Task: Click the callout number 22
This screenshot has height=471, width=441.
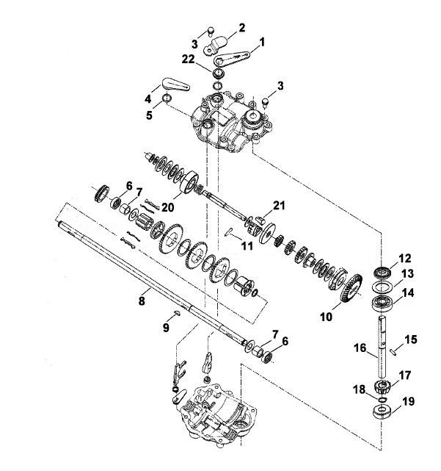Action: [x=189, y=60]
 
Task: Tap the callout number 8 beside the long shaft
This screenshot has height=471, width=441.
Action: [x=142, y=300]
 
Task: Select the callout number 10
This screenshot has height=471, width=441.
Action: [x=327, y=316]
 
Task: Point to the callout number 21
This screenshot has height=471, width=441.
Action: [x=279, y=206]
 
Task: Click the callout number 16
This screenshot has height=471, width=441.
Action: [x=360, y=348]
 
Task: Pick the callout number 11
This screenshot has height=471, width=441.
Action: [x=247, y=246]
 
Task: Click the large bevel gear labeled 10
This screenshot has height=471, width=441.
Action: [x=351, y=289]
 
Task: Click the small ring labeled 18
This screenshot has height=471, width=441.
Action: [x=382, y=399]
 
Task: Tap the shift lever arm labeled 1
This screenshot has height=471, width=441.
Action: [x=232, y=57]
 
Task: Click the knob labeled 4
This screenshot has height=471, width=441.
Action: [x=176, y=84]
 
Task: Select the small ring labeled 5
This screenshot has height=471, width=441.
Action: [x=167, y=98]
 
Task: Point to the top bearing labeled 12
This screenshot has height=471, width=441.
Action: [x=382, y=272]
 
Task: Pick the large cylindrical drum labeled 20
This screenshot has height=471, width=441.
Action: [x=189, y=182]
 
